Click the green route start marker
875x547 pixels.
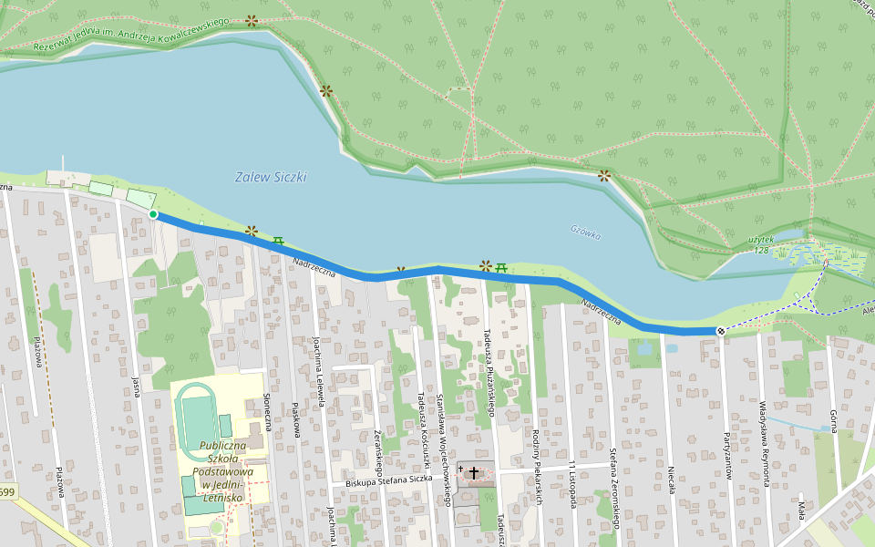pyautogui.click(x=153, y=214)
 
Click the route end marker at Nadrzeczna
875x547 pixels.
pyautogui.click(x=720, y=331)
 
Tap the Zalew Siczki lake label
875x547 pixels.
pyautogui.click(x=271, y=177)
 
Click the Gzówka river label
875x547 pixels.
pyautogui.click(x=586, y=233)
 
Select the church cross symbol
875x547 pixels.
pyautogui.click(x=473, y=472)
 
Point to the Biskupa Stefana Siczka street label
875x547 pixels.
pyautogui.click(x=389, y=479)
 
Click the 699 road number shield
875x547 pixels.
pyautogui.click(x=7, y=492)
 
